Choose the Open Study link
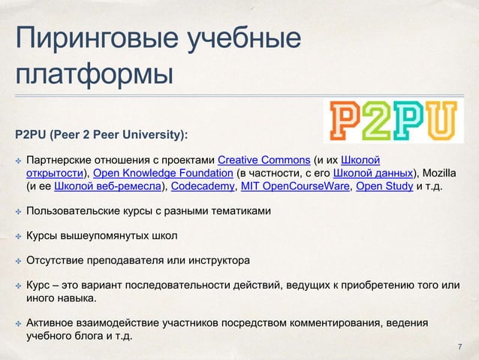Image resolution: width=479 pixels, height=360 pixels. pyautogui.click(x=383, y=187)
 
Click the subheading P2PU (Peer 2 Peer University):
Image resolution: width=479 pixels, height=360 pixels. pyautogui.click(x=101, y=136)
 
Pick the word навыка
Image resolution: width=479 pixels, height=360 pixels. pyautogui.click(x=78, y=299)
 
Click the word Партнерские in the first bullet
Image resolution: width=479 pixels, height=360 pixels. pyautogui.click(x=58, y=160)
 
